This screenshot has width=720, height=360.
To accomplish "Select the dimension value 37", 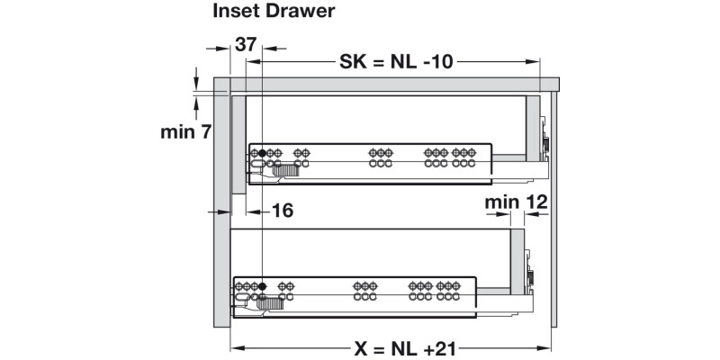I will [246, 44].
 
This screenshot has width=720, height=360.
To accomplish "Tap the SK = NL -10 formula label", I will [396, 62].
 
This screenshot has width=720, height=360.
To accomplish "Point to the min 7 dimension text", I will [185, 132].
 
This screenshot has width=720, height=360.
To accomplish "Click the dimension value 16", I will [282, 211].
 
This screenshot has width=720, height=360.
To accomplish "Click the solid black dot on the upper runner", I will [262, 154].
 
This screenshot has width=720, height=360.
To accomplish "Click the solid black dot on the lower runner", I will [262, 287].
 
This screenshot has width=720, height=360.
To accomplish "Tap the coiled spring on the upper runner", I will [285, 169].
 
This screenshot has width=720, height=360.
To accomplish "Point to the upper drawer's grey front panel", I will [239, 144].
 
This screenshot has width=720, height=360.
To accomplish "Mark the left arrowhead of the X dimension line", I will [236, 347].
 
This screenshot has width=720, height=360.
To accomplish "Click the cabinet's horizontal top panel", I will [387, 85].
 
